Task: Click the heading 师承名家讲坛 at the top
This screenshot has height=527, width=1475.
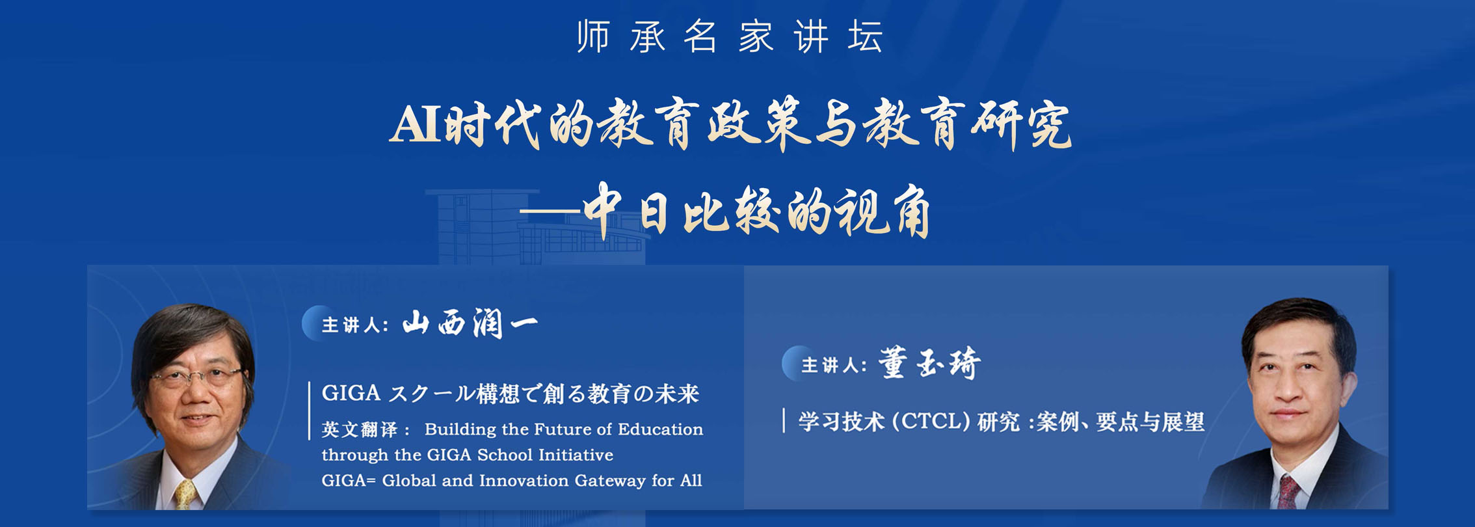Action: (x=730, y=36)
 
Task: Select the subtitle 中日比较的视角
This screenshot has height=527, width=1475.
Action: (x=758, y=212)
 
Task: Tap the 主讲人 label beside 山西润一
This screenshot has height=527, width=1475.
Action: (x=354, y=325)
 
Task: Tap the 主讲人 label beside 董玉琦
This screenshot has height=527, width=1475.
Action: (x=834, y=365)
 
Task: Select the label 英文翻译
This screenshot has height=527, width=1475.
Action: (x=359, y=429)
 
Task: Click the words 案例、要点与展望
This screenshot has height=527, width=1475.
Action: (x=1120, y=422)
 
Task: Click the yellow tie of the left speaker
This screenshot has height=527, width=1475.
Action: (x=185, y=494)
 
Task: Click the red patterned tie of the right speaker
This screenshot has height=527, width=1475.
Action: (x=1286, y=492)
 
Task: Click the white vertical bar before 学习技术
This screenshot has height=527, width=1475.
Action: (x=784, y=420)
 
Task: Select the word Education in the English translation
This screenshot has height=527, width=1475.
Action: (x=660, y=429)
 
